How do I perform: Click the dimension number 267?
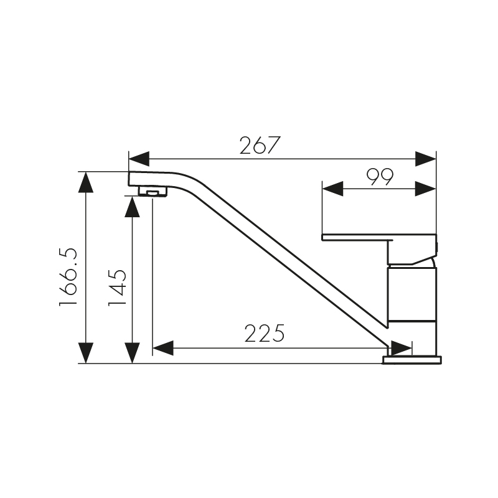260,145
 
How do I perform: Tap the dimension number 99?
380,177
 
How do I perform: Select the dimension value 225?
265,334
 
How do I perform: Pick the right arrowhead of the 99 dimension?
425,189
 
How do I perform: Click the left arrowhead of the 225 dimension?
163,348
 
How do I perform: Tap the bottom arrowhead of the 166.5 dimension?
85,352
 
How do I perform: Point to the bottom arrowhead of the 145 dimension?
132,352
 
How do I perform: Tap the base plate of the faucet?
411,360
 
